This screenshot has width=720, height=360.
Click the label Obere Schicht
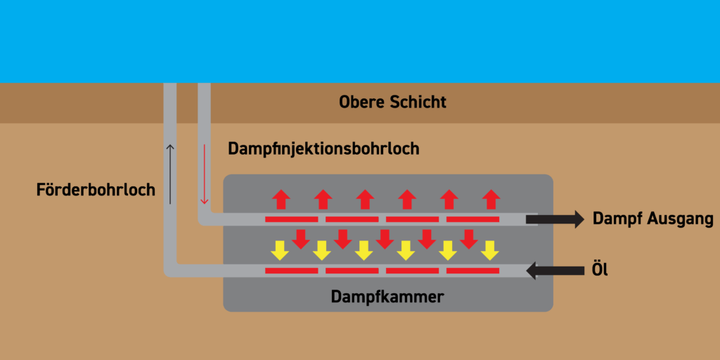click(x=392, y=103)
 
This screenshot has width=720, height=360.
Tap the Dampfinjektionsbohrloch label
click(x=323, y=149)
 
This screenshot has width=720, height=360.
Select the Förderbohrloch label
click(x=96, y=190)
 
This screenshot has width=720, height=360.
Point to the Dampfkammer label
click(x=387, y=297)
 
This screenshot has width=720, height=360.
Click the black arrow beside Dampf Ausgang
click(x=555, y=219)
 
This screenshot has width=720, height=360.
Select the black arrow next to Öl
click(x=555, y=269)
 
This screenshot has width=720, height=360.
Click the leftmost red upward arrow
click(x=281, y=200)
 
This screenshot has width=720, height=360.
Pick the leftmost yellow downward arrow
click(x=280, y=250)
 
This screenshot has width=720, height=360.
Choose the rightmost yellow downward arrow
click(x=489, y=250)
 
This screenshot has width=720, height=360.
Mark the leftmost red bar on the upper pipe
click(x=291, y=220)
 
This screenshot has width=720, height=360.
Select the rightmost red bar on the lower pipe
click(x=472, y=270)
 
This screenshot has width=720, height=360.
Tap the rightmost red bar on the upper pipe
click(x=472, y=220)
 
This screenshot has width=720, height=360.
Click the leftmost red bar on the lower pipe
click(x=291, y=270)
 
